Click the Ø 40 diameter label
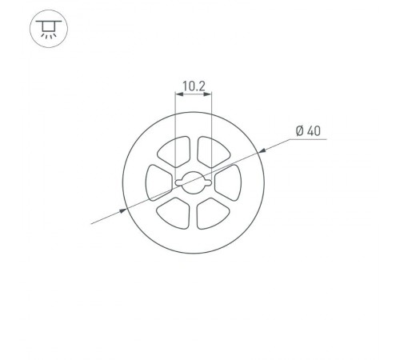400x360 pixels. point(309,130)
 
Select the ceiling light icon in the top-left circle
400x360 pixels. point(48,30)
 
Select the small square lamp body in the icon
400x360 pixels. point(48,26)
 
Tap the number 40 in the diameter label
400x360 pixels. point(314,130)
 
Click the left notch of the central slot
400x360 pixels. point(178,183)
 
